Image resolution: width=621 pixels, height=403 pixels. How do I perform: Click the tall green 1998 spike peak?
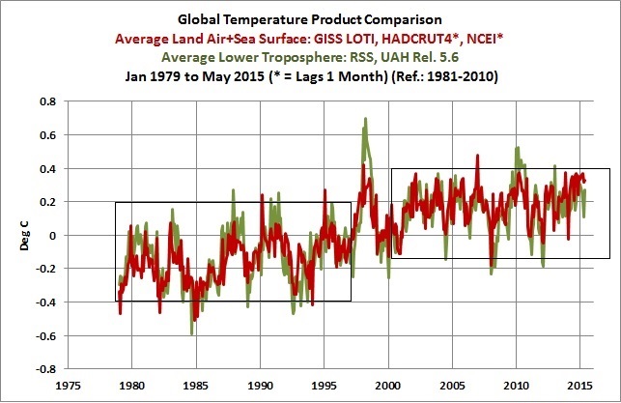click(365, 119)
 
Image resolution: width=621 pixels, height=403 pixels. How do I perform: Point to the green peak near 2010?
click(518, 148)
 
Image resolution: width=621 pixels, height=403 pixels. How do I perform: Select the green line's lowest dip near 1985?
click(192, 333)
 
